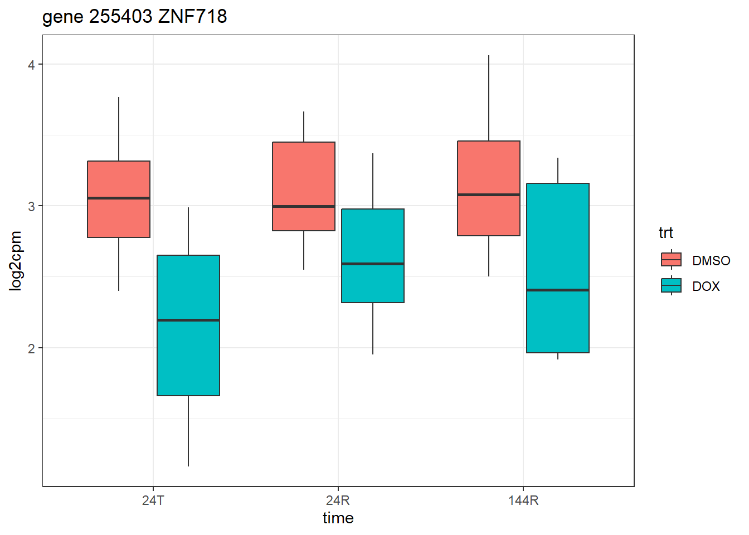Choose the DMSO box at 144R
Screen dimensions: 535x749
(x=489, y=167)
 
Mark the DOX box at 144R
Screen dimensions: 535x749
(x=558, y=240)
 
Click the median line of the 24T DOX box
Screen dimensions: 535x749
(x=188, y=320)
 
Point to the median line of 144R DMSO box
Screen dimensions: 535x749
(x=489, y=194)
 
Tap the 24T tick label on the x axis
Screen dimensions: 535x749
(x=153, y=500)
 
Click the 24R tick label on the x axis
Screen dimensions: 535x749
(x=338, y=500)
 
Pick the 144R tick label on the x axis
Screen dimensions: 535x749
(x=523, y=500)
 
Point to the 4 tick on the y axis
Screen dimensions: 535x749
(x=31, y=65)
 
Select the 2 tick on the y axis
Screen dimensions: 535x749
(x=31, y=348)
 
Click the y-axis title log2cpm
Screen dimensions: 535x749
(x=16, y=261)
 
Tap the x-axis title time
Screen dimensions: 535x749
(x=338, y=518)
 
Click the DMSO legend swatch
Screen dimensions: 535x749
(x=671, y=260)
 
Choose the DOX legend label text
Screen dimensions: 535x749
(x=706, y=286)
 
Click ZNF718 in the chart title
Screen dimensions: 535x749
(x=192, y=17)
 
